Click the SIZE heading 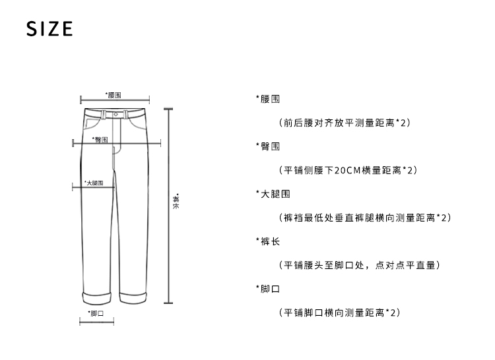click(49, 30)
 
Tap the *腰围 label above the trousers click(114, 96)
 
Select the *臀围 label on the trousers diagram click(100, 140)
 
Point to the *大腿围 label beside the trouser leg click(93, 183)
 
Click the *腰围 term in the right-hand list click(267, 99)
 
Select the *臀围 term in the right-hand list click(267, 146)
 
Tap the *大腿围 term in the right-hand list click(271, 194)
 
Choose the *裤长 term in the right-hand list click(267, 241)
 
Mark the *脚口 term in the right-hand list click(267, 289)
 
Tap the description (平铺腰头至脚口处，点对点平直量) click(359, 265)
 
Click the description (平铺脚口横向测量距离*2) click(340, 312)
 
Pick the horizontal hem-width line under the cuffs click(96, 322)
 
